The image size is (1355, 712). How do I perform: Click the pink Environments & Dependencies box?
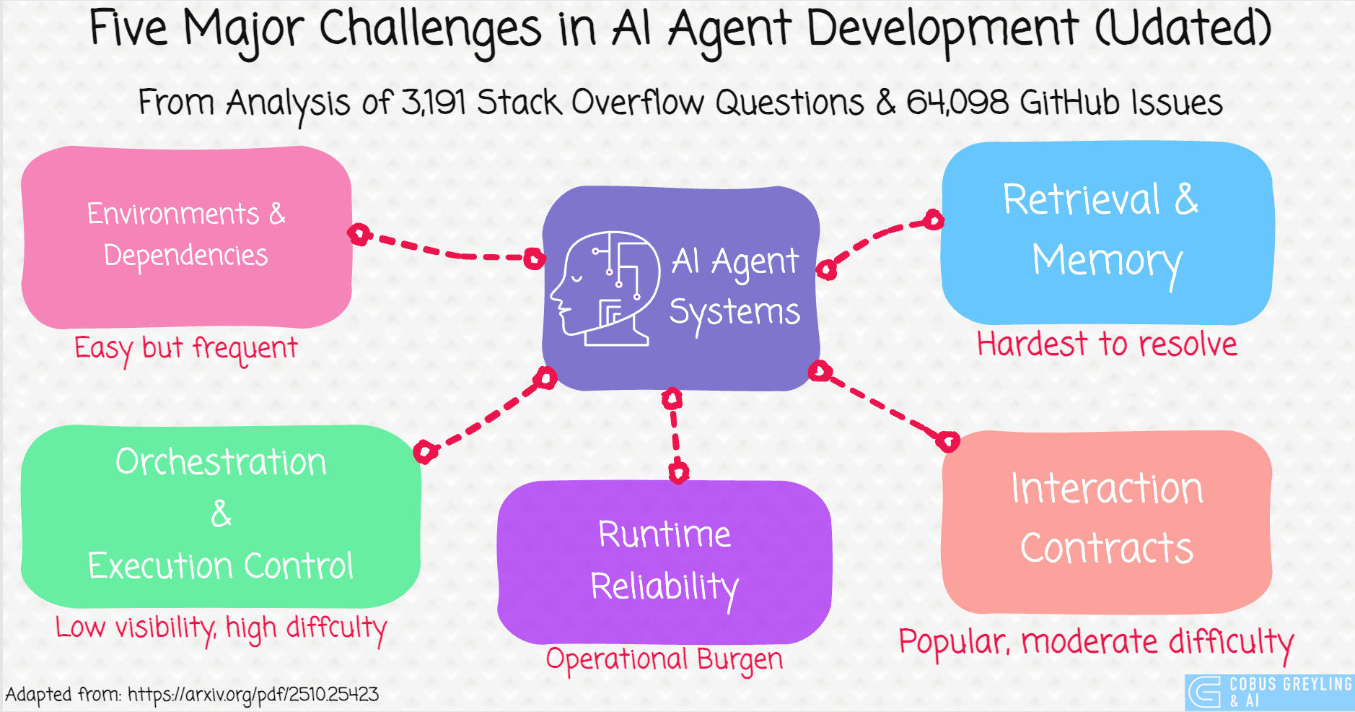[186, 235]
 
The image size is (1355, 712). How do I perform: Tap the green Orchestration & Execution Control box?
[221, 515]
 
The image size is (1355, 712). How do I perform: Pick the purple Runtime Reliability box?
[664, 561]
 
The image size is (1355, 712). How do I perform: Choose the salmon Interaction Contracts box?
[1106, 520]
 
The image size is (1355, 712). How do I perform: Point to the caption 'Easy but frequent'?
[185, 349]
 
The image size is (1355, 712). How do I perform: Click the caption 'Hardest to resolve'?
[1106, 344]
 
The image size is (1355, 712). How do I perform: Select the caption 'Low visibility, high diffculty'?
[221, 628]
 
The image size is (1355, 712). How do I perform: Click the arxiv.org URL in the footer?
[253, 695]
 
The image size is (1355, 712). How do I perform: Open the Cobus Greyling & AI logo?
[1268, 693]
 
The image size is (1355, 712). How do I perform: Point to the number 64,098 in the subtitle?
[957, 103]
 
